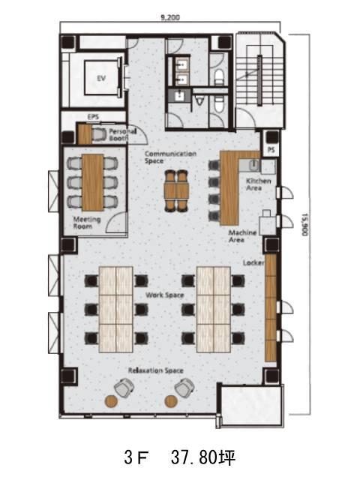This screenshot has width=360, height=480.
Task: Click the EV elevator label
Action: (101, 78)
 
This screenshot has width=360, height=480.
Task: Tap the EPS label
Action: (93, 117)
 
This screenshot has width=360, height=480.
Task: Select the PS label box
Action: (271, 150)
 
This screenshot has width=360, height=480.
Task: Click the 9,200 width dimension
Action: (170, 17)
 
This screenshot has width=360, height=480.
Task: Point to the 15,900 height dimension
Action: (304, 224)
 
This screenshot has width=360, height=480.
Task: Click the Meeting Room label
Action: (83, 223)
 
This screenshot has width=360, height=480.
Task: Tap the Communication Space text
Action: (170, 157)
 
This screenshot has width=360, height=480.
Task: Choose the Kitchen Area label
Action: (258, 184)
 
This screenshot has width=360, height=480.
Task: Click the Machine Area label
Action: (242, 236)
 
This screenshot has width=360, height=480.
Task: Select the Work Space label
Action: (165, 295)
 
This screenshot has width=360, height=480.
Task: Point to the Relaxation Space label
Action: (155, 370)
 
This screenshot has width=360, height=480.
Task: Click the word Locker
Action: (253, 263)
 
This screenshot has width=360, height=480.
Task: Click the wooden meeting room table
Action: (93, 182)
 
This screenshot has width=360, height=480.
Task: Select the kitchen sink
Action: (253, 166)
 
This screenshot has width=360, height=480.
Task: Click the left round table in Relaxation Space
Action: (111, 401)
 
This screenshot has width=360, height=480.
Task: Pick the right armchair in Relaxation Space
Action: (184, 388)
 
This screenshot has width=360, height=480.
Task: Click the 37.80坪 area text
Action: (203, 457)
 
